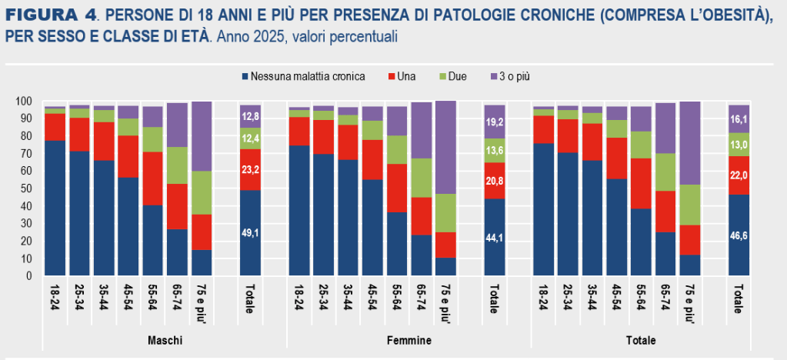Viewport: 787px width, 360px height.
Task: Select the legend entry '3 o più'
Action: point(514,76)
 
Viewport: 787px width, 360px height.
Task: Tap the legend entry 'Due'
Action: point(456,76)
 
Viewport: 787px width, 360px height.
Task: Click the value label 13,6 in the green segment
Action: point(495,151)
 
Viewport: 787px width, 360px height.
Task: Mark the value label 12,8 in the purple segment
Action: point(250,117)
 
